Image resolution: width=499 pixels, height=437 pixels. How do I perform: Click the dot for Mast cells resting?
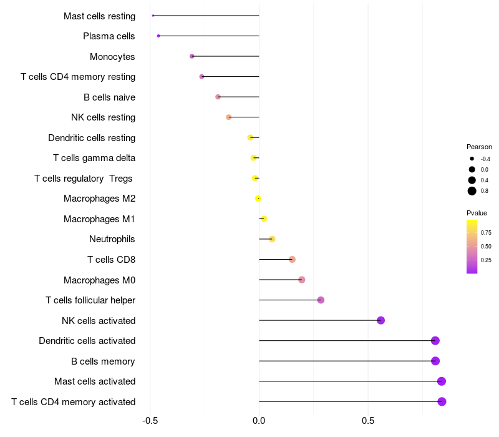(153, 16)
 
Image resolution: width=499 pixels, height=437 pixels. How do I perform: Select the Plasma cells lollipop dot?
(158, 36)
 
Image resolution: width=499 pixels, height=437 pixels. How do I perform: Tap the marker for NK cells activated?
(380, 320)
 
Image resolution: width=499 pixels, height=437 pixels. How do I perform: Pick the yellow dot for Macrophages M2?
(258, 199)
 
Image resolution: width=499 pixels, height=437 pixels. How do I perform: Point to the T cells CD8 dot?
(292, 260)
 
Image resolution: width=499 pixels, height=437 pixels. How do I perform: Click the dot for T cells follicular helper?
(321, 300)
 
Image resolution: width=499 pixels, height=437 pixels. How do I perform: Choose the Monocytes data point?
(192, 56)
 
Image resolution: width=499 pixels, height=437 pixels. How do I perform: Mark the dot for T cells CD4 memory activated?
(442, 401)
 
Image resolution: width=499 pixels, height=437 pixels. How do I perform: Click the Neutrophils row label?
(112, 239)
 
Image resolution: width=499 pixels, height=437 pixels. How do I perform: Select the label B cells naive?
(110, 97)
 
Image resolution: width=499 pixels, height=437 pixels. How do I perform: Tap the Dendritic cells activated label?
(87, 341)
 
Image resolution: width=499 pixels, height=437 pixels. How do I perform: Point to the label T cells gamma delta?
(94, 158)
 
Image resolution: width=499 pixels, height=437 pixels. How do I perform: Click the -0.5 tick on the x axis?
(150, 421)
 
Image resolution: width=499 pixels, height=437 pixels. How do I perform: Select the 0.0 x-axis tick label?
(259, 421)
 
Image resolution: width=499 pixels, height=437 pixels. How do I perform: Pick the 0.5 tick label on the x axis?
(368, 421)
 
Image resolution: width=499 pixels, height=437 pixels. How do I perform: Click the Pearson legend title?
(479, 147)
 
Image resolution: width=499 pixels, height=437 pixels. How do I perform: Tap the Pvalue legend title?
(477, 213)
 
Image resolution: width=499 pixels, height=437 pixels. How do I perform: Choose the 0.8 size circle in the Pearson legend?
(472, 191)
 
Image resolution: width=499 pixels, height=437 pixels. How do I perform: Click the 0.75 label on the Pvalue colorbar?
(486, 233)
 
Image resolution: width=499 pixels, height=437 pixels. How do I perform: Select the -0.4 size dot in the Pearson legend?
(472, 159)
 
